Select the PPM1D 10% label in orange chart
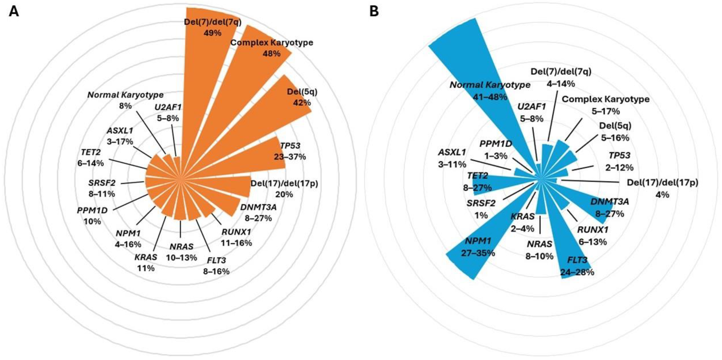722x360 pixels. tap(92, 216)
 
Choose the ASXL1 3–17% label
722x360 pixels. tap(120, 136)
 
